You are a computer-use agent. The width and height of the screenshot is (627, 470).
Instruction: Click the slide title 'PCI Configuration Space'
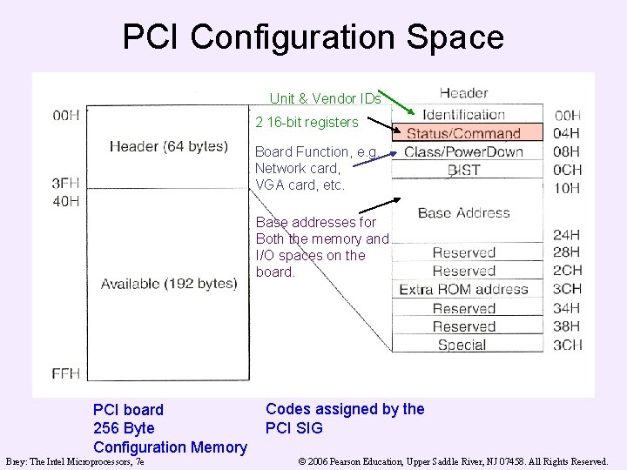[x=313, y=37]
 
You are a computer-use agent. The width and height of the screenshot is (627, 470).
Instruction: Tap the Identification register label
[x=463, y=115]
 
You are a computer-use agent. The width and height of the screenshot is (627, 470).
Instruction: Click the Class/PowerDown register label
[x=463, y=152]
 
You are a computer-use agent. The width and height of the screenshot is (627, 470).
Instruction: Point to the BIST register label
[x=463, y=171]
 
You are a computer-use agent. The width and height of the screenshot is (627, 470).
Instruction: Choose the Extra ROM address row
[x=463, y=290]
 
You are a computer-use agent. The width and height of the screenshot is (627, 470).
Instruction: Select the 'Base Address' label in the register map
[x=463, y=212]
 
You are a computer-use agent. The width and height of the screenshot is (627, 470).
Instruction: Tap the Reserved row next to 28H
[x=463, y=252]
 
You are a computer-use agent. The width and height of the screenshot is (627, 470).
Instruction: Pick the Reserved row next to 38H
[x=463, y=326]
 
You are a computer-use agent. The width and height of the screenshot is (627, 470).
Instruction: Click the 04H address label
[x=568, y=133]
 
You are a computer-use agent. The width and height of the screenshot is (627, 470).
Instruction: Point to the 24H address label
[x=568, y=234]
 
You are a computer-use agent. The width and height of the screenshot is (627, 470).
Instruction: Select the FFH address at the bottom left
[x=66, y=373]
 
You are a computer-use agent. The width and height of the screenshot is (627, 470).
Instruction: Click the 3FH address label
[x=66, y=183]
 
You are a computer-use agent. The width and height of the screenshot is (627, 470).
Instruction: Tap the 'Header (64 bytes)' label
[x=168, y=146]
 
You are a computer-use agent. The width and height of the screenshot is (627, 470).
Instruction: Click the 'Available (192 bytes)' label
[x=168, y=284]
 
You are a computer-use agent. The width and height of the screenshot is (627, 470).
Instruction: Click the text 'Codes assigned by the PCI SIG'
[x=345, y=418]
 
